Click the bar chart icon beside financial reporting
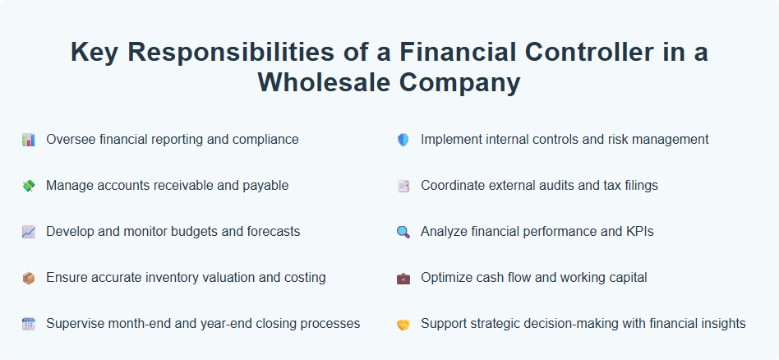(28, 140)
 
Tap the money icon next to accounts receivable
(28, 186)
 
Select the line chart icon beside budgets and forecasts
(28, 232)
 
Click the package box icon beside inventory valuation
(28, 278)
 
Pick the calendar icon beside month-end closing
(28, 324)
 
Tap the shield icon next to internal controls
(403, 140)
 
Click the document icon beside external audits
(403, 186)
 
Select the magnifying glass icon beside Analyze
(403, 232)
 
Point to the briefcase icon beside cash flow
(403, 278)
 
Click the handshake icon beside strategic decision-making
(403, 324)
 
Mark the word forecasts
(271, 232)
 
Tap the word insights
(720, 324)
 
